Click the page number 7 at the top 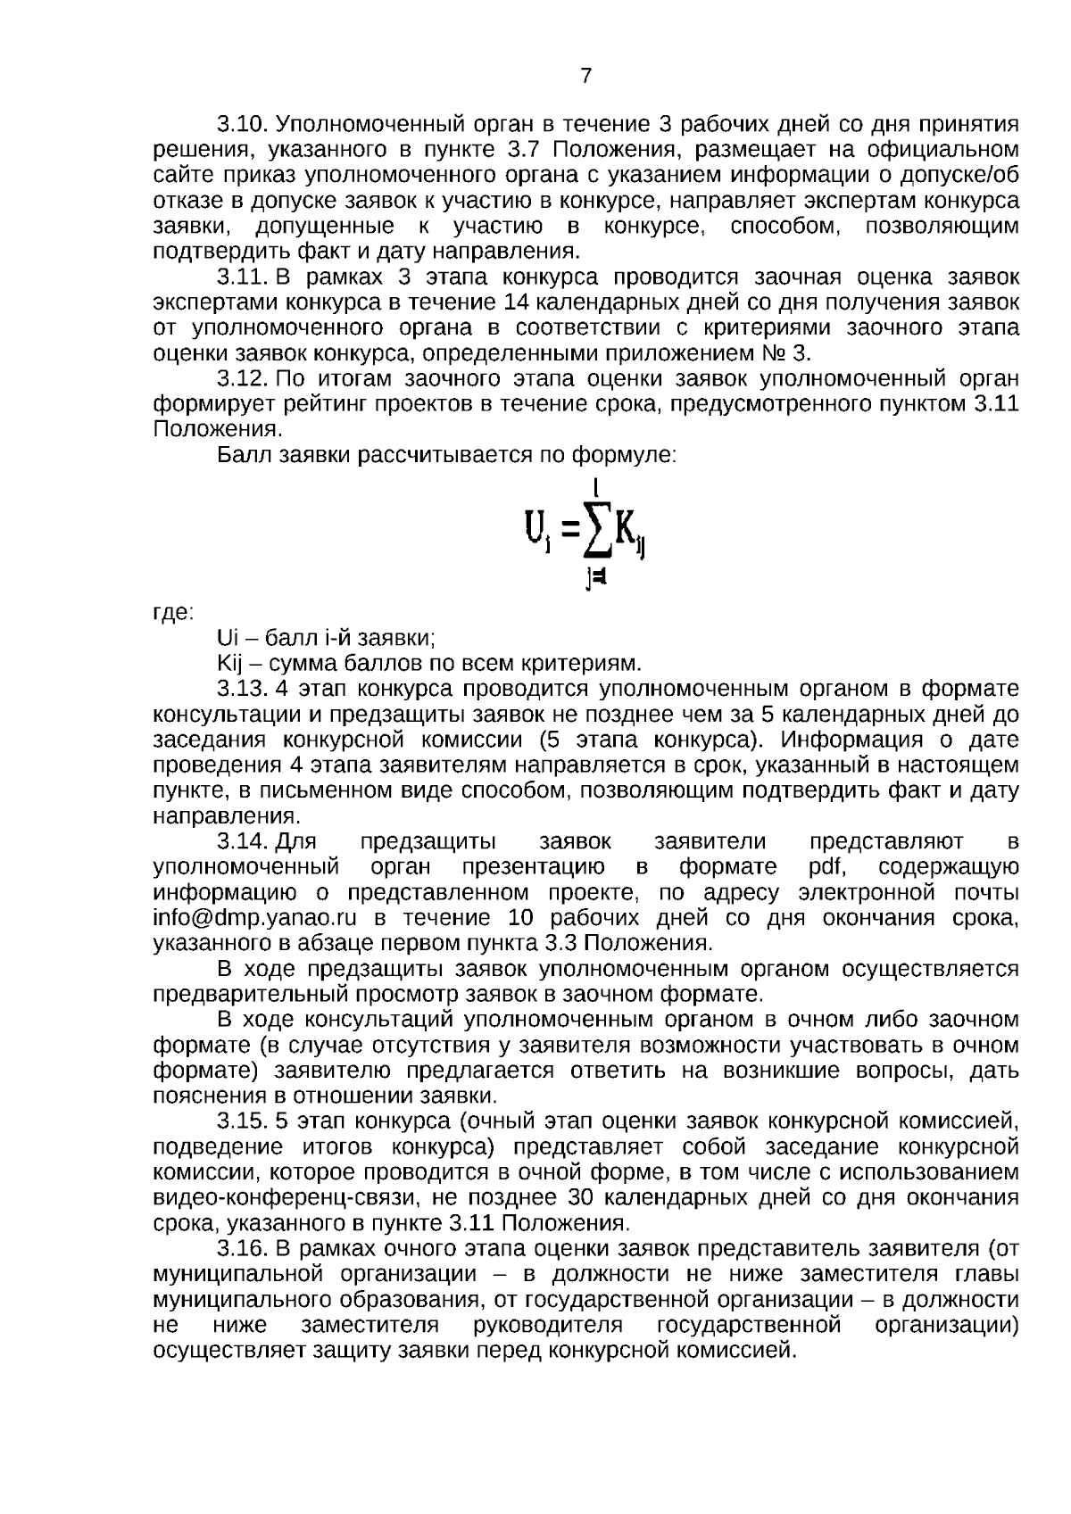click(x=585, y=76)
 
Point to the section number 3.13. click(x=243, y=689)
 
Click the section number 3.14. click(x=243, y=841)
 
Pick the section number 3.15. click(x=243, y=1120)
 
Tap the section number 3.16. click(x=243, y=1247)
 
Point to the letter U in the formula click(x=533, y=532)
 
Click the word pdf click(x=826, y=867)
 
